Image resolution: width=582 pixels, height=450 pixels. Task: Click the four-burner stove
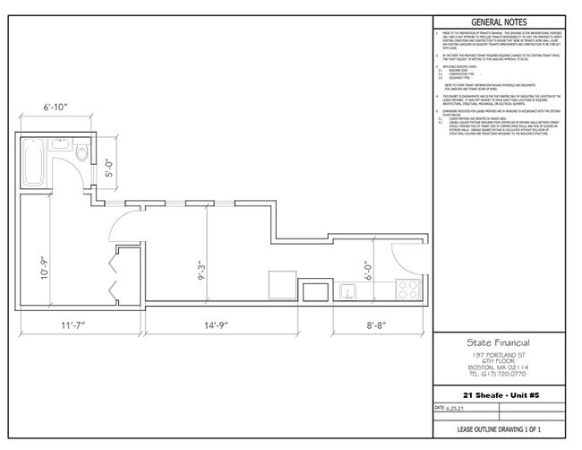(x=409, y=290)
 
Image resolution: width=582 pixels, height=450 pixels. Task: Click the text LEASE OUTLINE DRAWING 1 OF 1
(x=498, y=434)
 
